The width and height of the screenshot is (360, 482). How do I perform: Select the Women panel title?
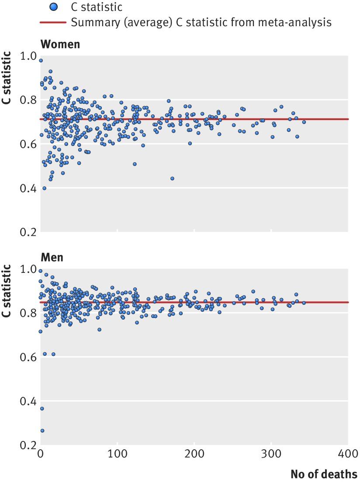[60, 45]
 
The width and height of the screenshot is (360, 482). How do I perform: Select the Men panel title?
[52, 257]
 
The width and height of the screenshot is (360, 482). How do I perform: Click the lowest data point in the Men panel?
[42, 430]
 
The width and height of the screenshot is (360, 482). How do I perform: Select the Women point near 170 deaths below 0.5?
[172, 179]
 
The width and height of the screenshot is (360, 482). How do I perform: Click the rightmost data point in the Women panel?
[304, 122]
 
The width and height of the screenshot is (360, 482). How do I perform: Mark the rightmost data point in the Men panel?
[304, 303]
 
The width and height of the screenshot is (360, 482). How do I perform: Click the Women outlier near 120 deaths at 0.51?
[135, 164]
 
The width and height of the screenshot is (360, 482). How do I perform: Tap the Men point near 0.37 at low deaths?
[42, 409]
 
